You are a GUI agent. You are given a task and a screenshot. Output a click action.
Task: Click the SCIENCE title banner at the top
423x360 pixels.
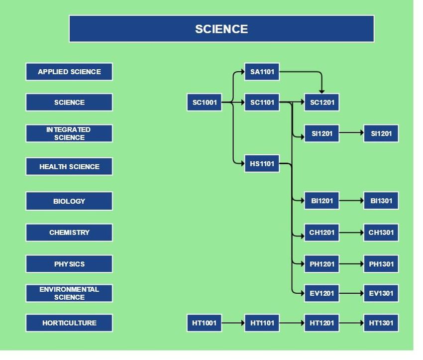(x=221, y=29)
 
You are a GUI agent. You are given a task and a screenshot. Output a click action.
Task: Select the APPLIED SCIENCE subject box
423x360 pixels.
(x=69, y=72)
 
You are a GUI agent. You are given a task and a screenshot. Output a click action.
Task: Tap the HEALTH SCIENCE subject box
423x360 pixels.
(x=69, y=167)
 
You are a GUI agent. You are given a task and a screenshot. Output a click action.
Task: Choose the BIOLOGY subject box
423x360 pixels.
(x=69, y=201)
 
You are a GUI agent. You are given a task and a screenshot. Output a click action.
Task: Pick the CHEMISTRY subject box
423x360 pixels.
(x=69, y=233)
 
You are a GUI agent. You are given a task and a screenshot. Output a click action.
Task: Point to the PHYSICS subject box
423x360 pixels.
(x=69, y=264)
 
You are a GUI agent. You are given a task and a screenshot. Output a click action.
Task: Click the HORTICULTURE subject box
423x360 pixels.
(x=69, y=323)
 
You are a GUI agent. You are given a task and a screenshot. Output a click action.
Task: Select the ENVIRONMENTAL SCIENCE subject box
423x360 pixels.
(x=69, y=293)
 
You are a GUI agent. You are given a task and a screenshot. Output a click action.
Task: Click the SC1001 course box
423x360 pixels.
(x=204, y=103)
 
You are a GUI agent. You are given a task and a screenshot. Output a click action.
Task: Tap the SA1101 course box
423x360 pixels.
(x=262, y=72)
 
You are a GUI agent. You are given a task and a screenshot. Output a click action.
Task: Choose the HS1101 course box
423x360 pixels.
(x=262, y=163)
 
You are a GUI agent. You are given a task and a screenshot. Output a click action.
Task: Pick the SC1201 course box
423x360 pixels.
(x=322, y=103)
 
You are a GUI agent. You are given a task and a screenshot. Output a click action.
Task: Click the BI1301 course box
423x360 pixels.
(x=381, y=201)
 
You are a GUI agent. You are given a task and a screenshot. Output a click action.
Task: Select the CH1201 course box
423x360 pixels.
(x=322, y=233)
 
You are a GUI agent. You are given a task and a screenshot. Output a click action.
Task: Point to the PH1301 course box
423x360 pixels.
(x=381, y=264)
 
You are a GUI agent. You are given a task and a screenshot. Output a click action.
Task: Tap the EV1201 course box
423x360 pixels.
(x=322, y=293)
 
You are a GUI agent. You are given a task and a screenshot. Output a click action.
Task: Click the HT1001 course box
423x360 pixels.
(x=204, y=323)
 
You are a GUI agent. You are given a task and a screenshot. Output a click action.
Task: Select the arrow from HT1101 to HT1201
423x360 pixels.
(x=292, y=323)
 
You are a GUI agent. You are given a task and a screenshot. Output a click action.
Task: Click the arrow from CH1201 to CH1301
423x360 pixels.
(x=351, y=233)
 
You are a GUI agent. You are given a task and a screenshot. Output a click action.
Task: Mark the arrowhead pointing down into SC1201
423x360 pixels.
(x=321, y=91)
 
